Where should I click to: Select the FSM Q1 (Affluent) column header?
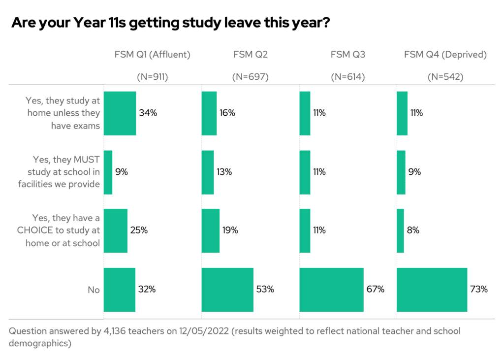[152, 55]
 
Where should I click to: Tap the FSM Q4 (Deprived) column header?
[445, 55]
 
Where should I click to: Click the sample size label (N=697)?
[250, 77]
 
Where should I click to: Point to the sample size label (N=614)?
[347, 77]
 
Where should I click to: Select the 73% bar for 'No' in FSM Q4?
[432, 290]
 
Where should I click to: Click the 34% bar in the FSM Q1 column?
[120, 113]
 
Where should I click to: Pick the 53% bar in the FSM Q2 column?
[227, 290]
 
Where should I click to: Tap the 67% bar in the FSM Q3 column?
[331, 290]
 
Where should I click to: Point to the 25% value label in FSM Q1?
[139, 230]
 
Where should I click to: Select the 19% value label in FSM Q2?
[230, 230]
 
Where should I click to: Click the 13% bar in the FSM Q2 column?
[208, 172]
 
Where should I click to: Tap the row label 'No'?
[94, 290]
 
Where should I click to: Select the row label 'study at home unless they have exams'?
[63, 113]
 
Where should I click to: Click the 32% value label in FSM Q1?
[147, 290]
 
